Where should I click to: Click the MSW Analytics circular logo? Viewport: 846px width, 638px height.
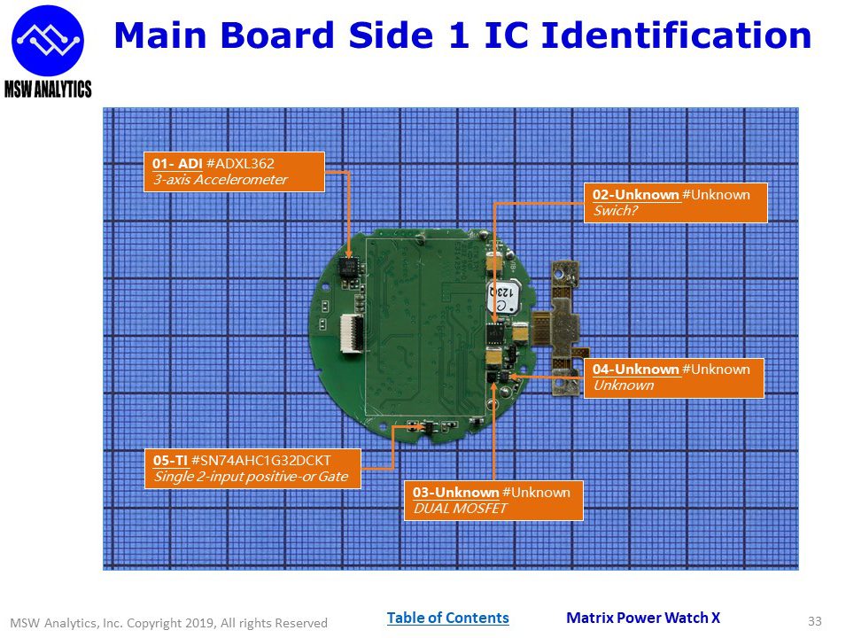[48, 41]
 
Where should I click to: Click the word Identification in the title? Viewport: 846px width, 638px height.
[676, 35]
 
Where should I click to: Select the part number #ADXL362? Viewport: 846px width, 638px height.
[240, 164]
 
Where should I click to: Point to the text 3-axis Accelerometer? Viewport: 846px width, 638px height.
[220, 180]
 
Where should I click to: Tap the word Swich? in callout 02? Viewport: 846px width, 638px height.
[616, 211]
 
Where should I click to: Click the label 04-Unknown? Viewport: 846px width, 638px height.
[635, 370]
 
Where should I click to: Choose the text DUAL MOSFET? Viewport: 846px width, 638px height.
[461, 509]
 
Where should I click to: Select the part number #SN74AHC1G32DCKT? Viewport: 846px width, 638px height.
[261, 461]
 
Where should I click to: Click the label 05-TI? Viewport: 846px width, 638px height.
[170, 461]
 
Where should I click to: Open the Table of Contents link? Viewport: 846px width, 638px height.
[448, 618]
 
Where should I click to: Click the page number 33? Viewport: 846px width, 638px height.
[815, 621]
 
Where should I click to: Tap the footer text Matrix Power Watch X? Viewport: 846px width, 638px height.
[643, 618]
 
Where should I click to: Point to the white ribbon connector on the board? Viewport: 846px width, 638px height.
[352, 334]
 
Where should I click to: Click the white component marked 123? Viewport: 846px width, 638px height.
[502, 297]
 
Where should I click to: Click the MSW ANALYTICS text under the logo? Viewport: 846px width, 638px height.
[48, 89]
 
